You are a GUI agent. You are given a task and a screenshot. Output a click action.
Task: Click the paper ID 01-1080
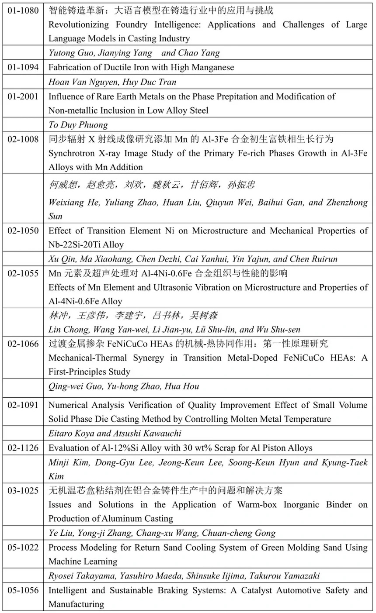pos(23,10)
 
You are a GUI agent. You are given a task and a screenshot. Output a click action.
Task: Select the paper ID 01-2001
pos(23,96)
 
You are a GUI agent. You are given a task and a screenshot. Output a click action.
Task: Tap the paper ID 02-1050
pos(23,231)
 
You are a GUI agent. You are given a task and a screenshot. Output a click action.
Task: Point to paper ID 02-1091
pos(23,405)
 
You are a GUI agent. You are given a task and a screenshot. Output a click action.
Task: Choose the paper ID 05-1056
pos(23,590)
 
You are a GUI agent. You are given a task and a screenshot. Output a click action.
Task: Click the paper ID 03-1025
pos(23,490)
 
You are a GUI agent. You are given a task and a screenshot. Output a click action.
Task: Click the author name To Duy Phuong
pos(78,125)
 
